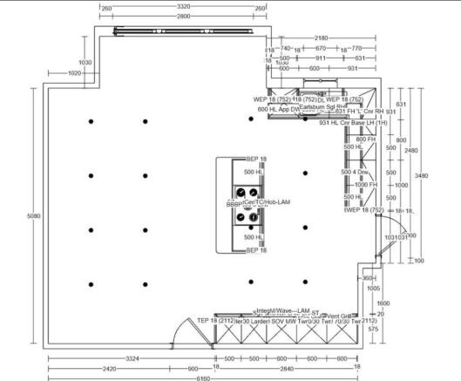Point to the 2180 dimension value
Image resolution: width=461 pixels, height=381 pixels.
(322, 38)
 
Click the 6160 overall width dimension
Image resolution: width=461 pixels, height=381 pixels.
(202, 378)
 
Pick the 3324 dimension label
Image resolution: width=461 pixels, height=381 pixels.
(132, 358)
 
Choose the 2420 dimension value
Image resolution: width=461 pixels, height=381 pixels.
(108, 368)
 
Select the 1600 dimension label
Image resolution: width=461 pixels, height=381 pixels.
(383, 303)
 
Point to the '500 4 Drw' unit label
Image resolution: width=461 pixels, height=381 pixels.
(356, 173)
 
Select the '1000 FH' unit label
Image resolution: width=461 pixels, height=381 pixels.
(365, 185)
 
